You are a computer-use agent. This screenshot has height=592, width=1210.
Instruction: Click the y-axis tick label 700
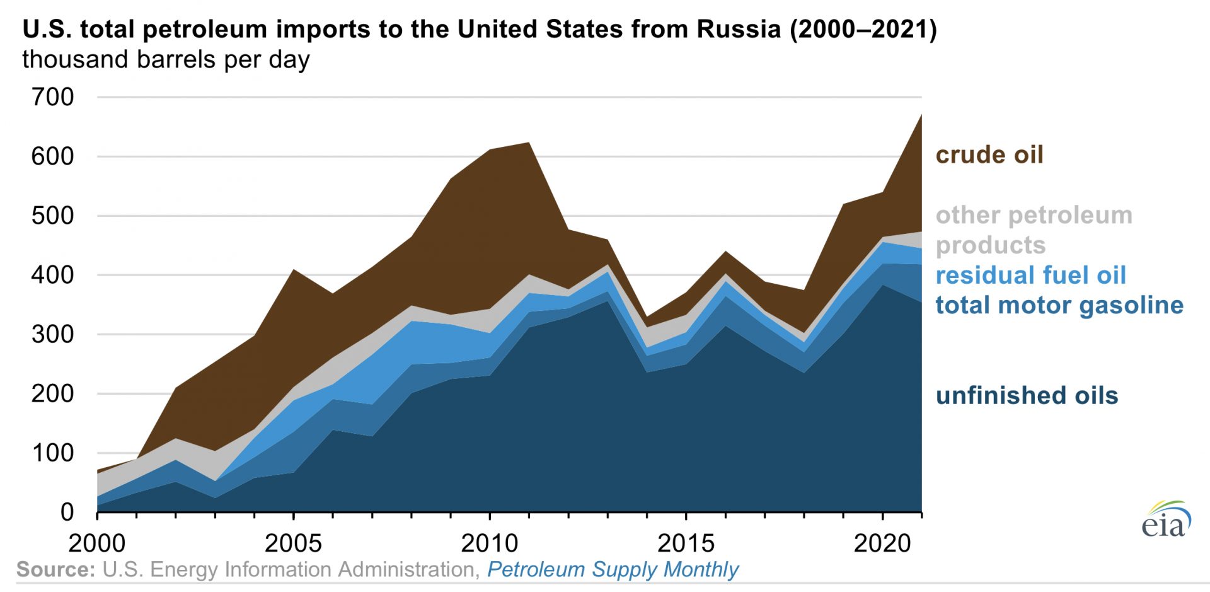coord(52,97)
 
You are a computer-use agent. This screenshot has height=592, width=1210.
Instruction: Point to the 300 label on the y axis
coord(52,334)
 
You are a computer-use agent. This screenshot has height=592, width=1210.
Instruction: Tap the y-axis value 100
coord(52,453)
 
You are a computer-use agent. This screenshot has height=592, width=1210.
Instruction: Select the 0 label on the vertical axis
coord(67,512)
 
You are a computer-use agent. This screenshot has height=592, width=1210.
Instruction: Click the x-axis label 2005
coord(293,543)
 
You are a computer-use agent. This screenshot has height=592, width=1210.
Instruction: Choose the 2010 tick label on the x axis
coord(490,543)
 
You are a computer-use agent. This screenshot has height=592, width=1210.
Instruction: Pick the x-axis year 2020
coord(882,543)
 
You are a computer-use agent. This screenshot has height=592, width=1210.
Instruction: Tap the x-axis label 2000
coord(97,543)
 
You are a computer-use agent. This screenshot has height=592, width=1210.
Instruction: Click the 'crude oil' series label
coord(989,154)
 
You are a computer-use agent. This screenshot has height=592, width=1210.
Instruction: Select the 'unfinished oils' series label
coord(1027,395)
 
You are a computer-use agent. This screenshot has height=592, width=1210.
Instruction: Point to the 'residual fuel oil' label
coord(1030,275)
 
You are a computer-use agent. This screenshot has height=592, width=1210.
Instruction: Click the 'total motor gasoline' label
coord(1059,305)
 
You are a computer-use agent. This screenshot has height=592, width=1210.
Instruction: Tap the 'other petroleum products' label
coord(1034,229)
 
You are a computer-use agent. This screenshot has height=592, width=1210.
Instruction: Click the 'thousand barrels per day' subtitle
coord(166,59)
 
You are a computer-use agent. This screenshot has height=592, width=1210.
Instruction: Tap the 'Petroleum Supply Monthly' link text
coord(613,569)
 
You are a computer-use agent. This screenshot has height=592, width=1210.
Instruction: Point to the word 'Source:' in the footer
coord(55,569)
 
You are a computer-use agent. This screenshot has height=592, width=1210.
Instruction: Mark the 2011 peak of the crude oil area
coord(529,143)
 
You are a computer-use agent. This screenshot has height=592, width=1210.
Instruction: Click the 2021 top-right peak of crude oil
coord(921,115)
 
